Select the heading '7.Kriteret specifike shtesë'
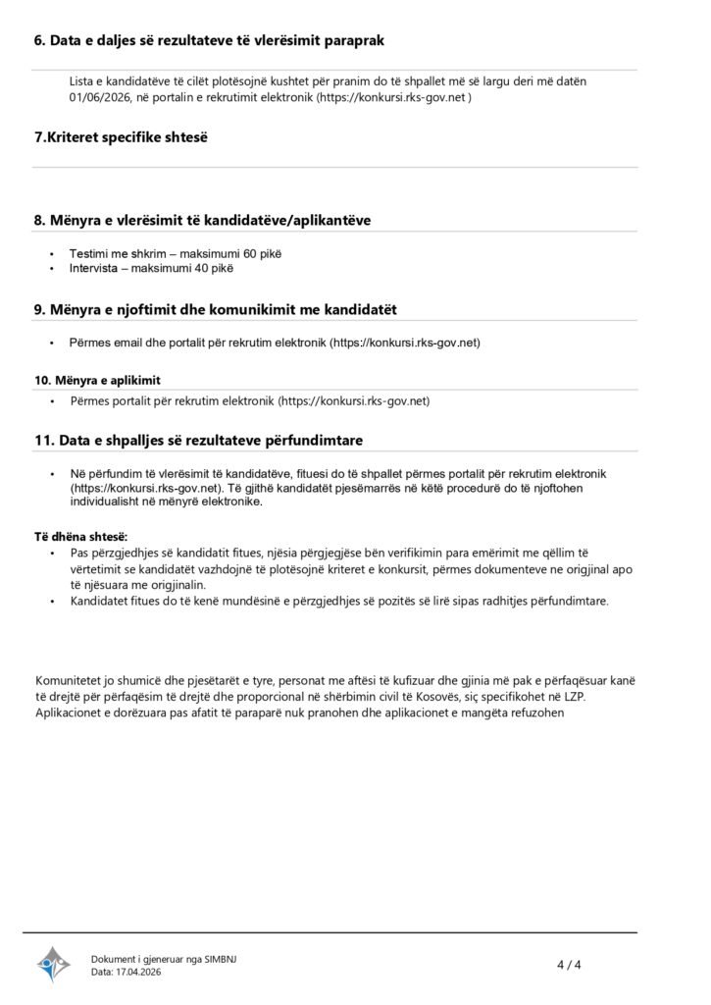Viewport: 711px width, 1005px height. (x=121, y=137)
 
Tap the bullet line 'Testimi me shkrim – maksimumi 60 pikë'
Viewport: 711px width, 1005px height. (x=175, y=253)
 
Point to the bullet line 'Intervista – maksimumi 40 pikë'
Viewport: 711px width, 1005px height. (x=151, y=267)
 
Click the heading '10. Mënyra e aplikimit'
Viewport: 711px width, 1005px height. (x=98, y=380)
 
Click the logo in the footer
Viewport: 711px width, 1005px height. (x=54, y=964)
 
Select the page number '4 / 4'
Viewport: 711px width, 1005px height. (x=570, y=964)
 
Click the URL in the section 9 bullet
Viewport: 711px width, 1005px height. (x=405, y=343)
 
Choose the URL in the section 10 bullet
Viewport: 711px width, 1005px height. (x=354, y=401)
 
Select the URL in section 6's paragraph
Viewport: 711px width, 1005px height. (x=394, y=99)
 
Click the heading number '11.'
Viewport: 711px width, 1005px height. (x=44, y=441)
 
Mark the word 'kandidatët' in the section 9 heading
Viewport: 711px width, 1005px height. (x=360, y=309)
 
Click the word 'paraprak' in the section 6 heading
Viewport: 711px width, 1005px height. (x=351, y=40)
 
